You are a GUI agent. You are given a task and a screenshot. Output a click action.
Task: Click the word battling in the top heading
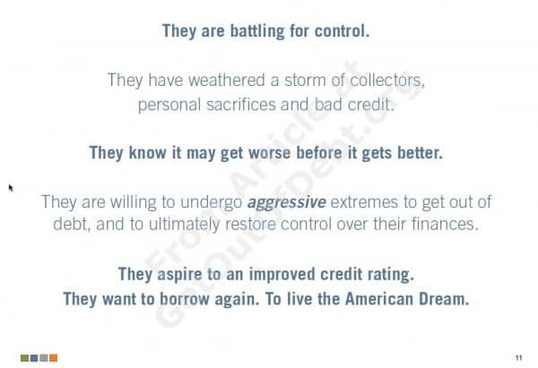pos(257,31)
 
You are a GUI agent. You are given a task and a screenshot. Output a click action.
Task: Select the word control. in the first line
pos(343,30)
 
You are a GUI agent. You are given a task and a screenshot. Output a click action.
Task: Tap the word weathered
pos(227,81)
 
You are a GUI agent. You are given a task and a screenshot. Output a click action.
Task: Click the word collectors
pos(387,81)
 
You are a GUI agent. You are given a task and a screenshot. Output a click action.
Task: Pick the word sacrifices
pos(241,105)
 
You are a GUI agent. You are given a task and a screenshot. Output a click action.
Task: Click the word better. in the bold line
pos(420,153)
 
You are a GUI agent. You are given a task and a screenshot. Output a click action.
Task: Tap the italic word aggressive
pos(287,202)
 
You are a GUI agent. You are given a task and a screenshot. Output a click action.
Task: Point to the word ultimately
pos(184,225)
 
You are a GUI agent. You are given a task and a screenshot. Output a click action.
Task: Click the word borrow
pos(185,299)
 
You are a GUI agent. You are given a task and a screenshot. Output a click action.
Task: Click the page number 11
pos(519,358)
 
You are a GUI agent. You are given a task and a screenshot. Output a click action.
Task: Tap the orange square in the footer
pos(53,358)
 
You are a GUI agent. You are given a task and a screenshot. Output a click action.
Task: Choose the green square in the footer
pos(24,358)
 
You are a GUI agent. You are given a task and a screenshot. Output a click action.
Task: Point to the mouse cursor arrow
pos(11,188)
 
